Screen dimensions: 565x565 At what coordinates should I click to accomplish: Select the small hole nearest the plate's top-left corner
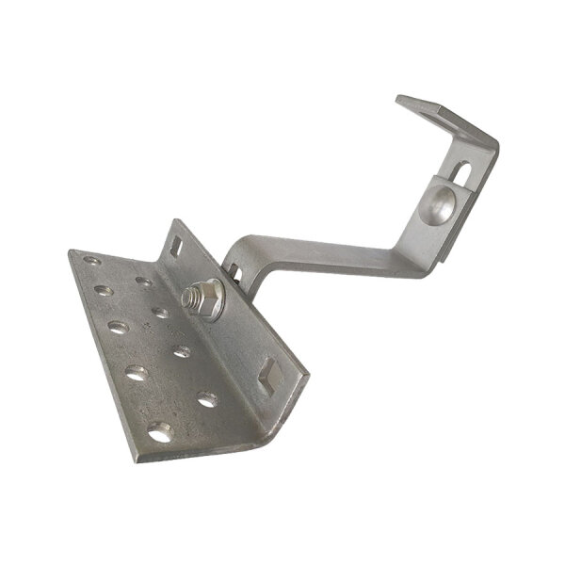click(90, 261)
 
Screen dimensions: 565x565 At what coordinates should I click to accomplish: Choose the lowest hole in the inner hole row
click(207, 399)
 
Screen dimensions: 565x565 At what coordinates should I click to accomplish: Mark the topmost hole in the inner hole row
click(143, 282)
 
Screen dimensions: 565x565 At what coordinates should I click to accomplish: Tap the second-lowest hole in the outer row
click(137, 372)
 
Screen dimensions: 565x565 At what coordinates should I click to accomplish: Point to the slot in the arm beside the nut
click(234, 274)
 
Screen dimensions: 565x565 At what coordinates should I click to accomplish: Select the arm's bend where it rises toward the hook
click(400, 254)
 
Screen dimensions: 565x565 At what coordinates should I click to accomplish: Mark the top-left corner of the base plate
click(71, 251)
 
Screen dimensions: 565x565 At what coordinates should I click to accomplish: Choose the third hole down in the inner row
click(182, 352)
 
